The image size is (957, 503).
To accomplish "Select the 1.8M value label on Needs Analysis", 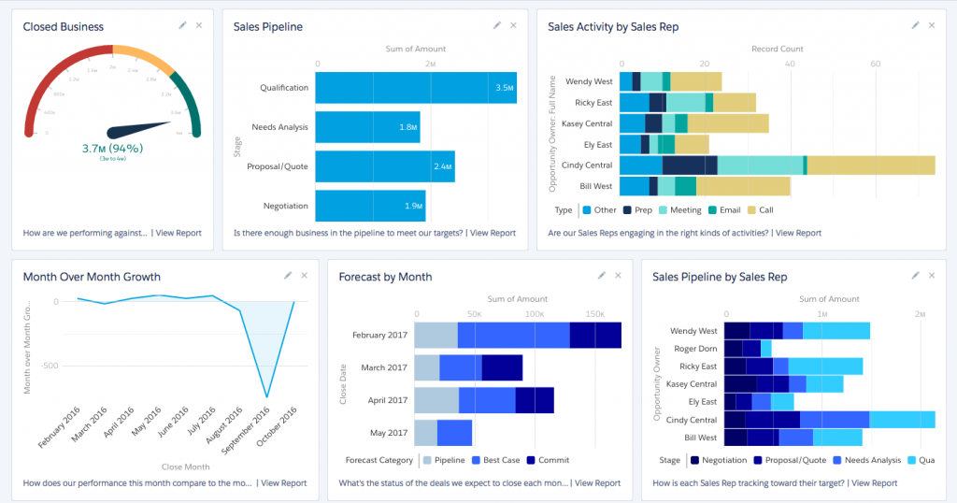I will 407,127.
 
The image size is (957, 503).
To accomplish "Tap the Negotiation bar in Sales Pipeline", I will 370,206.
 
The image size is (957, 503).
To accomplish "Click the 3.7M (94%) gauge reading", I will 111,148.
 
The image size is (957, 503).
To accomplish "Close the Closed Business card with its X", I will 199,26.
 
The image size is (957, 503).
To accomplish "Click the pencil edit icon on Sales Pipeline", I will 497,26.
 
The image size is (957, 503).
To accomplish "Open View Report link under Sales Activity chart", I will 798,233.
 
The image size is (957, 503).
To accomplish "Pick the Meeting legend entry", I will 683,210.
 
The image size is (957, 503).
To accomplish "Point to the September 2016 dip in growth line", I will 267,396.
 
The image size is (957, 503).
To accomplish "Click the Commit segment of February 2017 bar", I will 595,335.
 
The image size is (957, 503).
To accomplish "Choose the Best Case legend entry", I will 500,460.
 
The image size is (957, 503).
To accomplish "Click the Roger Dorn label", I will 695,349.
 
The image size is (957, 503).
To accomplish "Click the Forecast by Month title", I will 385,277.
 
